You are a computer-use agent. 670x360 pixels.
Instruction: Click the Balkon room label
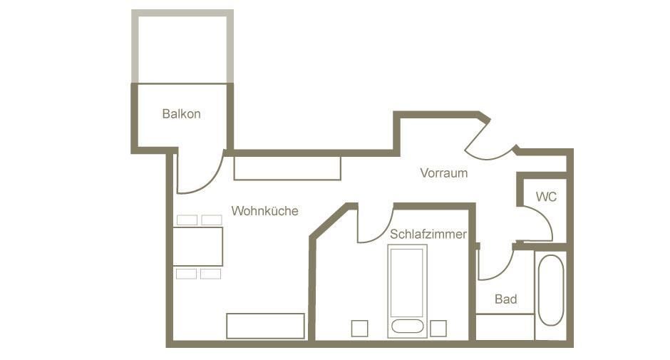181,114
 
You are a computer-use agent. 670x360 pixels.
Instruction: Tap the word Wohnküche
265,211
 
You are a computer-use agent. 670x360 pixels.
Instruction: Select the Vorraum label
443,173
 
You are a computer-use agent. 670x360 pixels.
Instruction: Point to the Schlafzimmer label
428,234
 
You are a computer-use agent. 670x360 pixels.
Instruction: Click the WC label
546,197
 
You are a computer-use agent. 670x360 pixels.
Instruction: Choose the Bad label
506,299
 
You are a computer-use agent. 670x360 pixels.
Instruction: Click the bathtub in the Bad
551,290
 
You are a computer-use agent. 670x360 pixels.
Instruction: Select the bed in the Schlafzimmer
407,291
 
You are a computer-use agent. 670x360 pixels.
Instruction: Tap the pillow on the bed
407,326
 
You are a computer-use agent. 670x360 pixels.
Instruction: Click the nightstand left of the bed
359,329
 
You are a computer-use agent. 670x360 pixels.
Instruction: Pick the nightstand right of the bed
438,329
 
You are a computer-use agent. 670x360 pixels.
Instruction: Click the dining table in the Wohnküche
198,247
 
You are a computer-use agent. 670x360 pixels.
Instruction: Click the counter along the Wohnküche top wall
287,168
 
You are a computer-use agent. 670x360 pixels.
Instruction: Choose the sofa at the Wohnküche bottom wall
265,326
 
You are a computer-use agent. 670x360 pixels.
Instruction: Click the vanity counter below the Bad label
505,327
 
